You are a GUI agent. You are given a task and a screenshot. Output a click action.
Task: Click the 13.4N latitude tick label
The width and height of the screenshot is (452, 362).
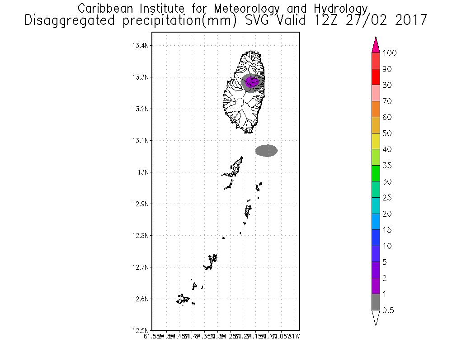140,46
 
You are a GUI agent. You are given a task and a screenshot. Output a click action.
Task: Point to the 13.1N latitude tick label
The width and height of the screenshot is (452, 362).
140,141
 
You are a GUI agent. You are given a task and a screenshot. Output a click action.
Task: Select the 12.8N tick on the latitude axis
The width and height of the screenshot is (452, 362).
140,236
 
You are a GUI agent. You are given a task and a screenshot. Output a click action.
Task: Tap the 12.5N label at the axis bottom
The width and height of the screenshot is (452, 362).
140,330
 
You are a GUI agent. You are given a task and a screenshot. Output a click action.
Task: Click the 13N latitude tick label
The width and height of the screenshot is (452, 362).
143,172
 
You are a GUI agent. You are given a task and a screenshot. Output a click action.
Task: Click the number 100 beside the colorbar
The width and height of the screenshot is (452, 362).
390,53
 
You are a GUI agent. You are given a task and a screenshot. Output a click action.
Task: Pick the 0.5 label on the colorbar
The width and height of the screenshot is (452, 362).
388,310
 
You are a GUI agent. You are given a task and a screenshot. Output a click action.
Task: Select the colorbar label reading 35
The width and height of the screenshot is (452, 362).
386,166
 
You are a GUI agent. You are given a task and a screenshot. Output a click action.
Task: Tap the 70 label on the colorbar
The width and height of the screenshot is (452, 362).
386,101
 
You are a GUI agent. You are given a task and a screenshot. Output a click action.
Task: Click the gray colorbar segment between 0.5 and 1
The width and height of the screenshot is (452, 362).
376,302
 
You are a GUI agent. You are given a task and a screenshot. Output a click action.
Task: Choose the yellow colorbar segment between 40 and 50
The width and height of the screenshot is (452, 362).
376,141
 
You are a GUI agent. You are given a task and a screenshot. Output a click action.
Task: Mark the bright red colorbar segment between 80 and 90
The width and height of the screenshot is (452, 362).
376,77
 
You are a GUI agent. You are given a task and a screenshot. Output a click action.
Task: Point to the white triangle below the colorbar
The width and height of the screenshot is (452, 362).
376,318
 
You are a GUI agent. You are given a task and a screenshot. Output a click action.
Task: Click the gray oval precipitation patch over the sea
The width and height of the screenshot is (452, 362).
266,151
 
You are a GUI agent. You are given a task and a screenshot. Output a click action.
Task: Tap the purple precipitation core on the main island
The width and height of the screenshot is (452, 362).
253,81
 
